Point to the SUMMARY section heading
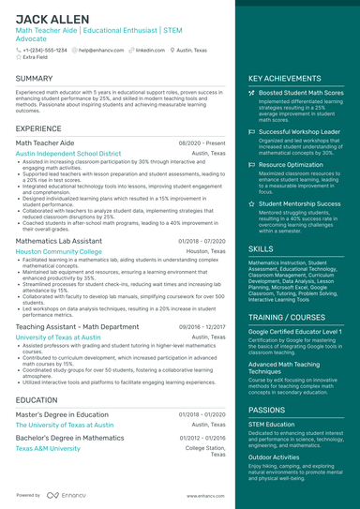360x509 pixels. click(35, 79)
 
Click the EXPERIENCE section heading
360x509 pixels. click(38, 128)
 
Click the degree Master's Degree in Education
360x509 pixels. click(62, 413)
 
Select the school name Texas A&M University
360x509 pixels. click(48, 448)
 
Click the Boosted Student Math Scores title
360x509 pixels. click(301, 94)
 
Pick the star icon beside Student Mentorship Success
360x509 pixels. click(251, 202)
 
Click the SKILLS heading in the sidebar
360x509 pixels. click(262, 248)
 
